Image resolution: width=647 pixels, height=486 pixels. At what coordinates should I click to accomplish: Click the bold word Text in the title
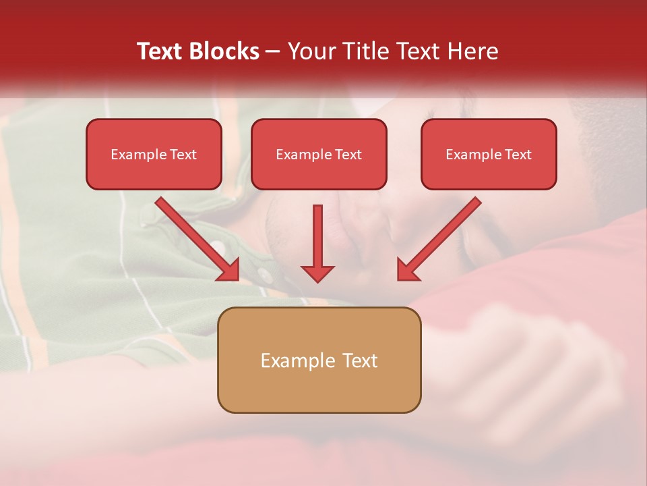tap(160, 51)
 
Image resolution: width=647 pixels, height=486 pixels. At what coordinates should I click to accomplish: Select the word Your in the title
tap(311, 51)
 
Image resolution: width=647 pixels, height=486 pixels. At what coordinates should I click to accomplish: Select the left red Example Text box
tap(154, 155)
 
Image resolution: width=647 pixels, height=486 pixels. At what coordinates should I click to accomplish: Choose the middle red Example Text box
tap(319, 155)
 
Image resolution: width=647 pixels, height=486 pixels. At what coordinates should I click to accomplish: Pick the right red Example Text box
tap(489, 155)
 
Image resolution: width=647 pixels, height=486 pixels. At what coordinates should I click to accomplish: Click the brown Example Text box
tap(319, 360)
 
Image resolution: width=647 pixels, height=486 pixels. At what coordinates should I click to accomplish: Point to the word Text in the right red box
tap(518, 155)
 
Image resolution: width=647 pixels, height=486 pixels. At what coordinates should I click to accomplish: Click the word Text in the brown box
tap(361, 360)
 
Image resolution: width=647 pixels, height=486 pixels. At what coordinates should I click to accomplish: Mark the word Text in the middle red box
tap(348, 155)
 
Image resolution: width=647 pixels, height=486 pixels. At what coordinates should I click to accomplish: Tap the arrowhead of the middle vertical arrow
tap(317, 273)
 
